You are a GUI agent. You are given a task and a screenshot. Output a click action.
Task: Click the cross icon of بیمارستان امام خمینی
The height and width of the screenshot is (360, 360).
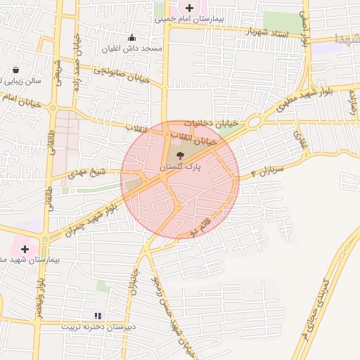coord(191,8)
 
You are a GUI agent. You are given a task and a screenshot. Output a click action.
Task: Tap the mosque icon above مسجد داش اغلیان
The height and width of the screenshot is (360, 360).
coord(131,37)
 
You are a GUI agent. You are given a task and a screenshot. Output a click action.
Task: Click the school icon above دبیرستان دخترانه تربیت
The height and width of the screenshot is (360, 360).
coord(98,316)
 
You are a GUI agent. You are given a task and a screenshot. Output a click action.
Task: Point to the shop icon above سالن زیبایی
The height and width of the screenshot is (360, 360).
coord(17,70)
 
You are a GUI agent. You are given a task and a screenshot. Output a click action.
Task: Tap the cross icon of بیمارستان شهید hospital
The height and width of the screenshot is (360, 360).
coord(25,249)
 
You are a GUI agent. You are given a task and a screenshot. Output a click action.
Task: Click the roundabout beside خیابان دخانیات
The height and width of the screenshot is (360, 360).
coord(252,120)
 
